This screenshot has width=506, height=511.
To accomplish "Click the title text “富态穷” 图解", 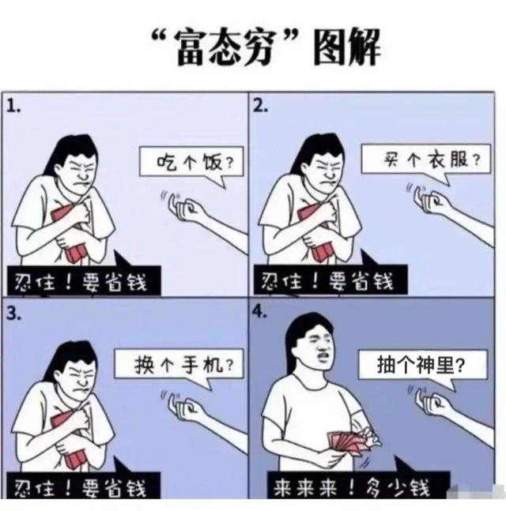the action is pos(266,47).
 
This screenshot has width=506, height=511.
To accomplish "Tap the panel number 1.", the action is pos(13,106).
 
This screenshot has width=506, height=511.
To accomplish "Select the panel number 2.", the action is pos(260,106).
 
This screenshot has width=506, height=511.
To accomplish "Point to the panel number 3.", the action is pos(13,314).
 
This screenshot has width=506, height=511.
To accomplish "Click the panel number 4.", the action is pos(260,312).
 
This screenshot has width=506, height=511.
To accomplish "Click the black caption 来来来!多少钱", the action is pos(358,488).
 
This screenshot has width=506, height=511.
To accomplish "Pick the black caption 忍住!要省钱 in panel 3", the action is pos(84,487).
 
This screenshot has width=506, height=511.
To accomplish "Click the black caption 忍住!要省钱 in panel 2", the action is pos(330,280).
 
